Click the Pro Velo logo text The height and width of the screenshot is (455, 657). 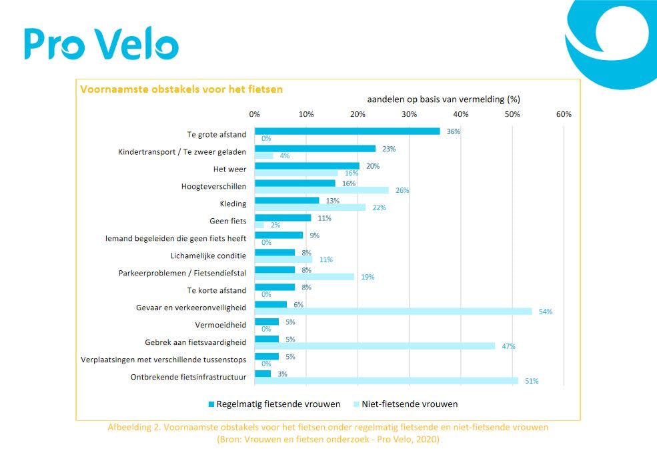[x=101, y=44]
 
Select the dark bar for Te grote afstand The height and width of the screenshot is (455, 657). [x=347, y=131]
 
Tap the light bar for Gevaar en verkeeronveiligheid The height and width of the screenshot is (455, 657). [x=393, y=312]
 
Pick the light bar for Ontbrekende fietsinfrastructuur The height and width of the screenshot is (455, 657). [x=386, y=381]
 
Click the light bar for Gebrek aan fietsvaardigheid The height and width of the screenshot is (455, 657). [x=375, y=346]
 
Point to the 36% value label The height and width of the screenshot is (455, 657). [x=454, y=131]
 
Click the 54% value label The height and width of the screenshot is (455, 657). [x=546, y=312]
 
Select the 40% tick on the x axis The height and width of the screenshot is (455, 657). [x=461, y=114]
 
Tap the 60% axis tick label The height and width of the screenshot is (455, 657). [x=564, y=114]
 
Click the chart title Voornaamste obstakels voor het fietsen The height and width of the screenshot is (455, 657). [x=181, y=89]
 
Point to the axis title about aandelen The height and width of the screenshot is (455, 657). [x=444, y=99]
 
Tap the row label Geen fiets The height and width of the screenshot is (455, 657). [x=227, y=221]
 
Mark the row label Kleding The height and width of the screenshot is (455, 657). [x=233, y=203]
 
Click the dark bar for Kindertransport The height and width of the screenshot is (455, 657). [x=315, y=149]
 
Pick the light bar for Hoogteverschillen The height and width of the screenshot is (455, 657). [x=321, y=190]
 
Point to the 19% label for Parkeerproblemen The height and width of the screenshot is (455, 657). [x=367, y=277]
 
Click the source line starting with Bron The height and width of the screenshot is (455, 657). [x=328, y=440]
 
